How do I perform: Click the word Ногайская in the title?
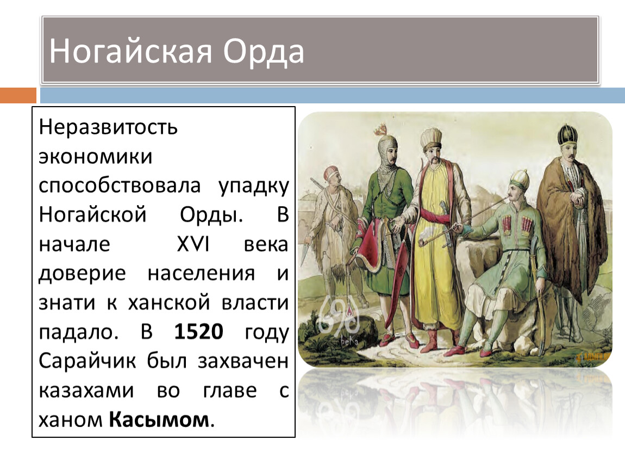click(x=130, y=52)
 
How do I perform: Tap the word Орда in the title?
click(x=264, y=52)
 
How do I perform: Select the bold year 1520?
click(x=198, y=331)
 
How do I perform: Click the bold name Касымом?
click(x=159, y=419)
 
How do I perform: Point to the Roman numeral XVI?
click(x=193, y=244)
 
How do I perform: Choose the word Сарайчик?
click(x=87, y=362)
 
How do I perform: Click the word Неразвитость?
click(x=108, y=127)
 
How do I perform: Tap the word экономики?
click(x=96, y=157)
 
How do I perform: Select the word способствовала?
click(x=120, y=186)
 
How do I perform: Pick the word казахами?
click(x=86, y=391)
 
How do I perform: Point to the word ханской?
click(x=169, y=302)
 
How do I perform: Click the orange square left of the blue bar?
click(x=18, y=95)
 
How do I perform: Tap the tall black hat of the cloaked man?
click(x=567, y=135)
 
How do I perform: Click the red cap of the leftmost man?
click(x=331, y=172)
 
